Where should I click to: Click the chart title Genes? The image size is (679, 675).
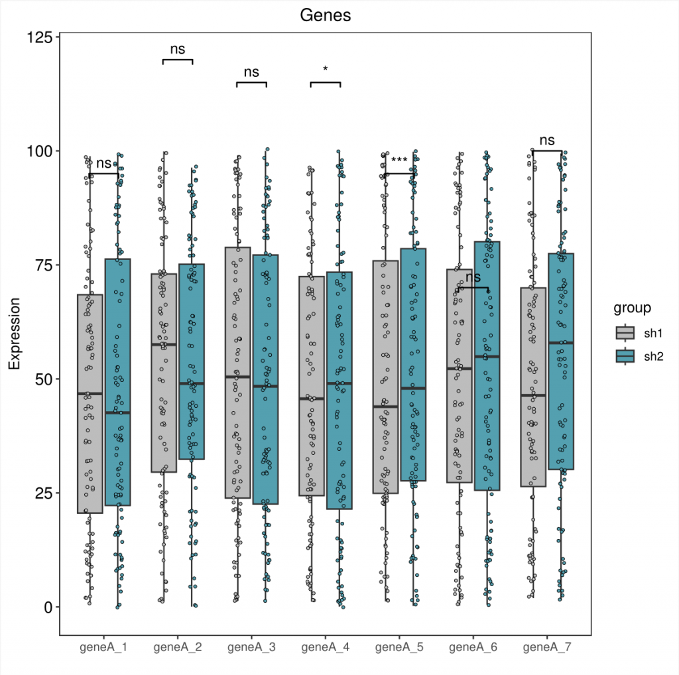[325, 15]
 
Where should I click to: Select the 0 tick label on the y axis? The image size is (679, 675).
[47, 607]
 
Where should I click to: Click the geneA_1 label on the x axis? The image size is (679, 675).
[103, 646]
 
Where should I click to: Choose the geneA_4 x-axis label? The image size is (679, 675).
[326, 646]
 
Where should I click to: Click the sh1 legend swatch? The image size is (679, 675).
[625, 332]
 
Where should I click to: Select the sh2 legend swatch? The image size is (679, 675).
[625, 356]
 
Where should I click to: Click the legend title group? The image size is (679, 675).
[632, 308]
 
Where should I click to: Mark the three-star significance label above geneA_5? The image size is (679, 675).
[399, 160]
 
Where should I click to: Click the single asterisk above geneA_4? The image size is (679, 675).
[326, 69]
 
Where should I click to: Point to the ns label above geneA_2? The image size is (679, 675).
[177, 49]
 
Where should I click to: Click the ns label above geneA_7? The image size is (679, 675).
[546, 141]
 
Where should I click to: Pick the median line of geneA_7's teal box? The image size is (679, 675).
[561, 343]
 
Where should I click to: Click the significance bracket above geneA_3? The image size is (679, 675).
[251, 82]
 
